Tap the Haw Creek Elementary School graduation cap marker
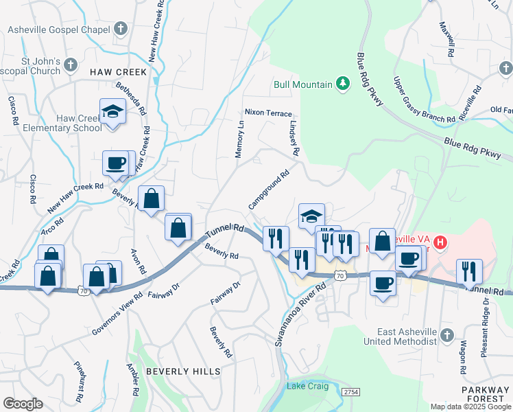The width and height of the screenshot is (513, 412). pos(112,111)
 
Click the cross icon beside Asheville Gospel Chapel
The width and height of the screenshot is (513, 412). pos(121,30)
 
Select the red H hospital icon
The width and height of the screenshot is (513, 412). pos(440,242)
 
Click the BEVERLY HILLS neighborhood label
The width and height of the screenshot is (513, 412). pos(183,371)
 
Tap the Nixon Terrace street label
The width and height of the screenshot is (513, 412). pos(268,113)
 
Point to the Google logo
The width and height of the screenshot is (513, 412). pos(23,403)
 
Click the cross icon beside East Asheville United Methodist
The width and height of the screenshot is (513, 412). pos(447,336)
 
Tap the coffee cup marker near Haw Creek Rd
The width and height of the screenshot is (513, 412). pos(115,163)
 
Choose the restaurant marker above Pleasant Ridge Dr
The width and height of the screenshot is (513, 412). pos(469,271)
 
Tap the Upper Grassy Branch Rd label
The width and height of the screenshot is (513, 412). pos(424,100)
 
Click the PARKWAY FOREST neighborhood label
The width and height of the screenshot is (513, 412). pos(485,394)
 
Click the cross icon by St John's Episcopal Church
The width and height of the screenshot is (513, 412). pos(71,66)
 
